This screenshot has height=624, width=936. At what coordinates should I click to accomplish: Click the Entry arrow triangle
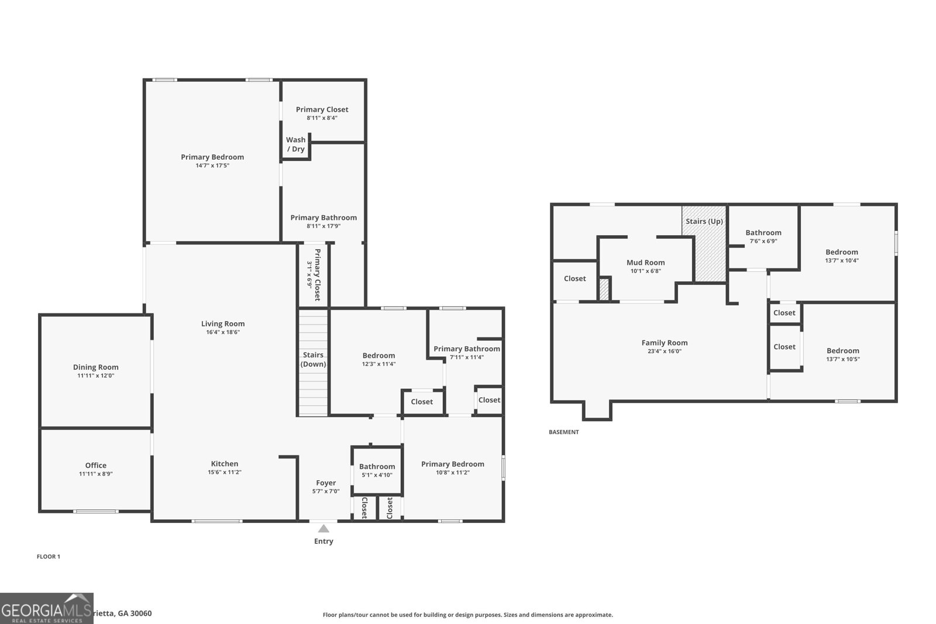coord(324,529)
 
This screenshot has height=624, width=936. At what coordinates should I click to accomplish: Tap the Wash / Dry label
coord(295,144)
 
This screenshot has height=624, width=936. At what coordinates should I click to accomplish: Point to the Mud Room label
coord(645,263)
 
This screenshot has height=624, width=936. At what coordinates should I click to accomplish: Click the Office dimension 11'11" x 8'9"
coord(95,474)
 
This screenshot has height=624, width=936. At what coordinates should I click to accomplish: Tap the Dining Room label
coord(95,367)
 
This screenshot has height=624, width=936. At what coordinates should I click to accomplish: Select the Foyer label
coord(326,483)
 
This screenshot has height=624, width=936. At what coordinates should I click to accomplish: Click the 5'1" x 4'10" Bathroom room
coord(377,471)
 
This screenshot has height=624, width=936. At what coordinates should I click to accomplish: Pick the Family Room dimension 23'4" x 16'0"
coord(664,351)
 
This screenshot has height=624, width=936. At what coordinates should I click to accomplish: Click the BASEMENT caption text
coord(563,432)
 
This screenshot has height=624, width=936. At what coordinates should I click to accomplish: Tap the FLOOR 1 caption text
coord(49,557)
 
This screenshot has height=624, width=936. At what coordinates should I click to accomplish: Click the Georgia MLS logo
coord(47,608)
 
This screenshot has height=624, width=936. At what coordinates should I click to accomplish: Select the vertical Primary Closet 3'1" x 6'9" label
coord(314,274)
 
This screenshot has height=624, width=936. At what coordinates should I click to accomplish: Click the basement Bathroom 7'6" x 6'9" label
coord(763,236)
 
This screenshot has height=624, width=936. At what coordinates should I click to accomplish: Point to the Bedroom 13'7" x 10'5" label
coord(842,354)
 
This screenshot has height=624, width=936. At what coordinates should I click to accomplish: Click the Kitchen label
coord(225,464)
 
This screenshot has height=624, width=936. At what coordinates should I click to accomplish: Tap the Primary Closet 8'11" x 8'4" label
coord(322,113)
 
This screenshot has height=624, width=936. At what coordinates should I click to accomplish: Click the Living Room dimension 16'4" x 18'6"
coord(223,332)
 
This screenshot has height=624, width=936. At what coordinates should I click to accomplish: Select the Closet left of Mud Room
coord(574,279)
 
